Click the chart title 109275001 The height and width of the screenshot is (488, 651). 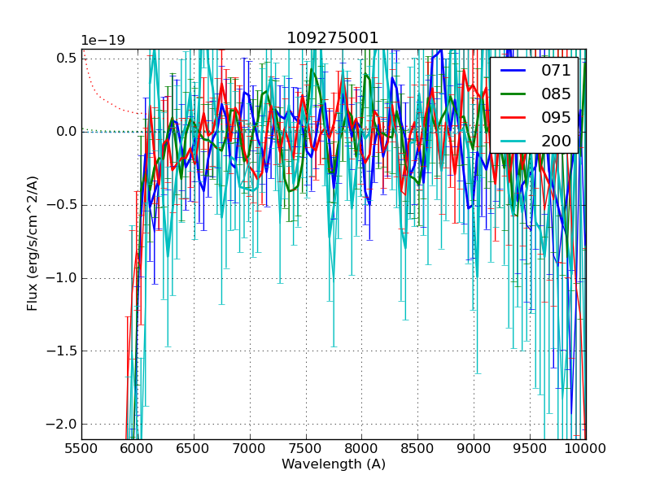333,38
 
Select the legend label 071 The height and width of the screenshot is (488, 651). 556,71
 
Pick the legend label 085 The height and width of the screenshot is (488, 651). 556,94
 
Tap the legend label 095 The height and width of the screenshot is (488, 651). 556,117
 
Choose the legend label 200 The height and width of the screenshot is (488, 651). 556,141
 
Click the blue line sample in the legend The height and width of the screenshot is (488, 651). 513,71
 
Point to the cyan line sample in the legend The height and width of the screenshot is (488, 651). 513,141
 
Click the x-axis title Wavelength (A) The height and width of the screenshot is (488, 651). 334,464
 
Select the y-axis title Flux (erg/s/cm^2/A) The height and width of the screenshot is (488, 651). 33,243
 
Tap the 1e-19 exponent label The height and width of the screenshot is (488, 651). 103,41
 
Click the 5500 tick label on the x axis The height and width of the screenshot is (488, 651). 81,447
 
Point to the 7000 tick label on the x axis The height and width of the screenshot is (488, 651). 250,447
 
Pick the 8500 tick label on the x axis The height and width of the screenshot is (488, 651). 418,447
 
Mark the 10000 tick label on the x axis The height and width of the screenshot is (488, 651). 586,447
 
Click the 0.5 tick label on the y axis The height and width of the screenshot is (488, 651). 67,58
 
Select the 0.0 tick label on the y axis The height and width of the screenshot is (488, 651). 67,131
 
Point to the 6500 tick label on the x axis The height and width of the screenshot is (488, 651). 194,447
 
